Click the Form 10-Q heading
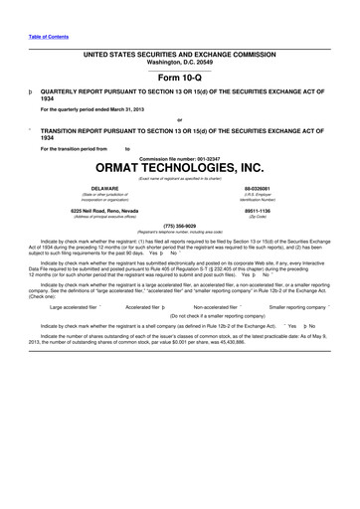coord(179,76)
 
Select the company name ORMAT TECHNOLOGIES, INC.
coord(179,168)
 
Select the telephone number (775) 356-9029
coord(179,225)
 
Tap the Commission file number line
coord(179,157)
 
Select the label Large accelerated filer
coord(74,308)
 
